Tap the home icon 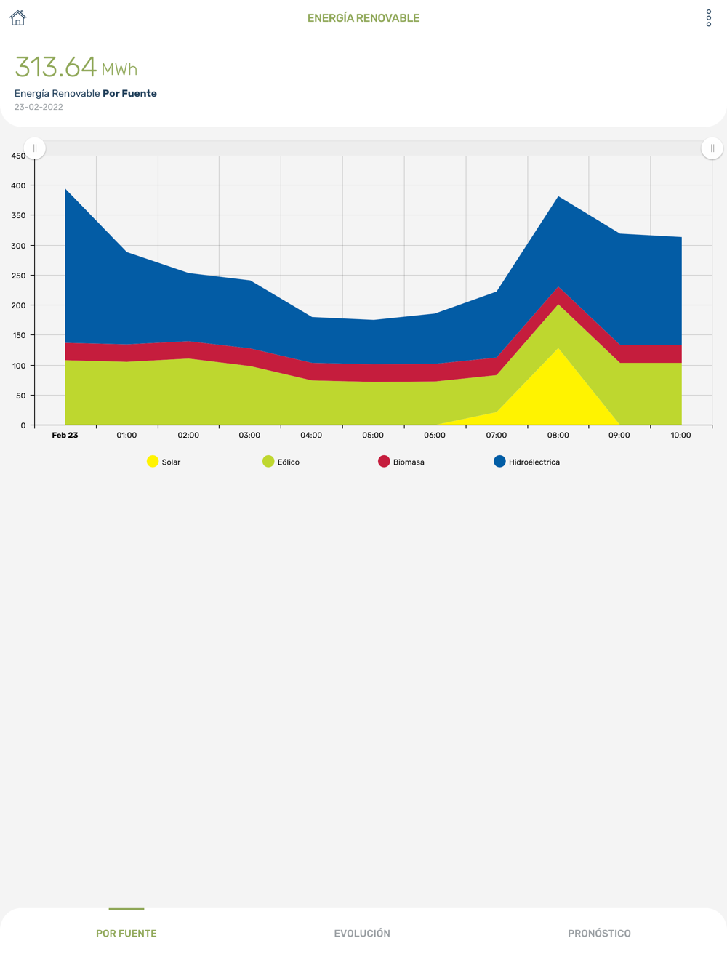click(17, 18)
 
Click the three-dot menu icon click(709, 18)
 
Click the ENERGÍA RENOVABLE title click(363, 18)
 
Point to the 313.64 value click(56, 67)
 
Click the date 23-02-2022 click(39, 107)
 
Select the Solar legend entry click(164, 462)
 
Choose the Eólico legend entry click(281, 462)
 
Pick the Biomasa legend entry click(401, 462)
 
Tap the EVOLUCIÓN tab click(362, 933)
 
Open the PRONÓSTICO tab click(599, 933)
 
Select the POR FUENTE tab click(126, 933)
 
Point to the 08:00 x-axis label click(558, 435)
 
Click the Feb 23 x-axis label click(65, 435)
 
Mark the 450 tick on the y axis click(18, 156)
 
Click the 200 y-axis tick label click(18, 305)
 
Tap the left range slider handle click(35, 148)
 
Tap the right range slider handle click(712, 148)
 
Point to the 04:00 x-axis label click(311, 435)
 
